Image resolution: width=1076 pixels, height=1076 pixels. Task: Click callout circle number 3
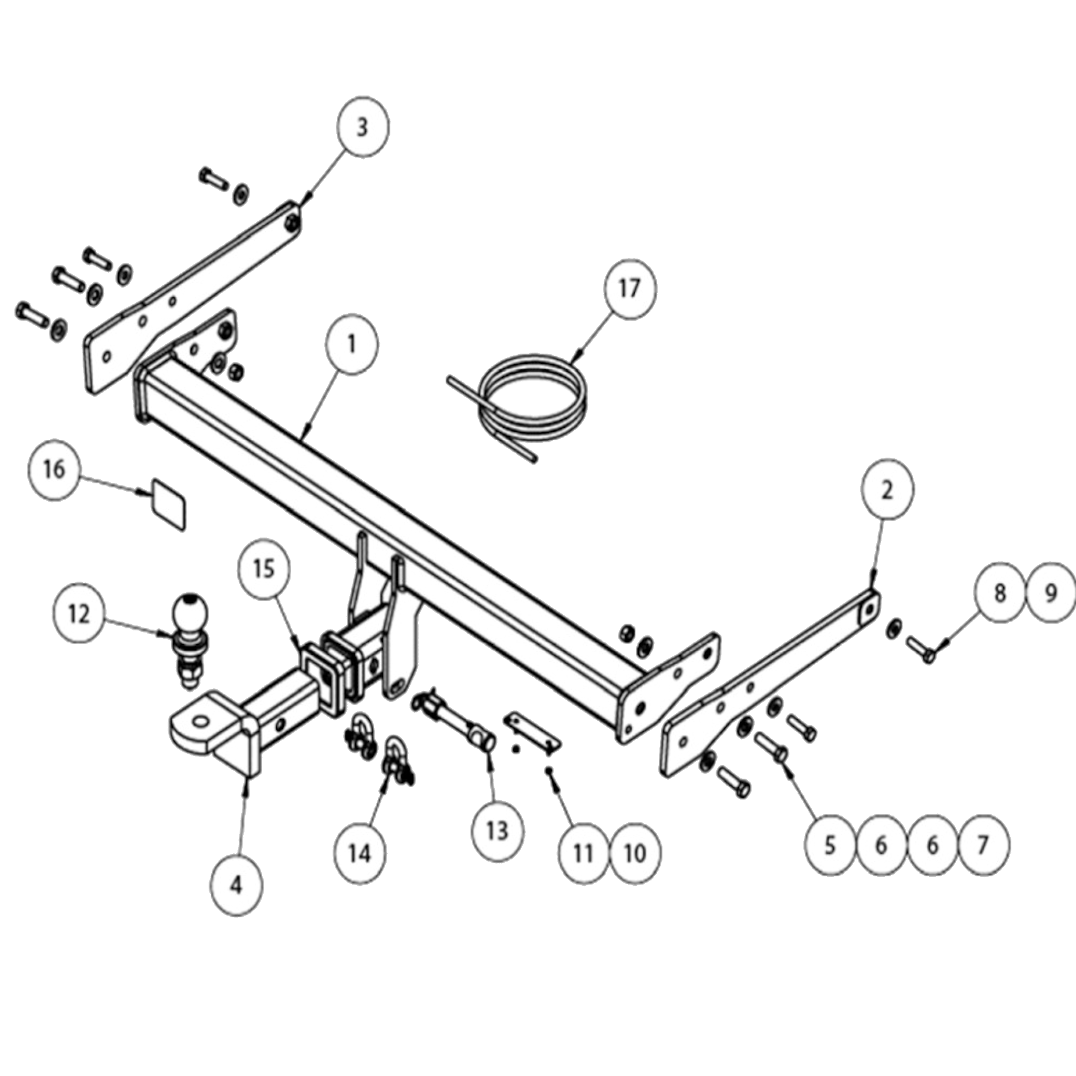coord(363,128)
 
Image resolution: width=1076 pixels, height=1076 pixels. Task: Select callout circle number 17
coord(630,289)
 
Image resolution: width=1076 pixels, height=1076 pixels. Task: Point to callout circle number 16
coord(54,470)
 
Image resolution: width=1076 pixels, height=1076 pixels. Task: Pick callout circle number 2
coord(887,490)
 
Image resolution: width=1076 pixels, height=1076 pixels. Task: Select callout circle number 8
coord(1000,593)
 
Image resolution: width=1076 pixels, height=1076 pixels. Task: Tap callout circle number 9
coord(1050,593)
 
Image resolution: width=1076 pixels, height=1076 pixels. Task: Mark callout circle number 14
coord(360,853)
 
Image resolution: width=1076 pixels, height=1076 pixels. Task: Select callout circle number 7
coord(982,845)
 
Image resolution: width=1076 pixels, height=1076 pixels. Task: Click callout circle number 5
coord(829,845)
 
